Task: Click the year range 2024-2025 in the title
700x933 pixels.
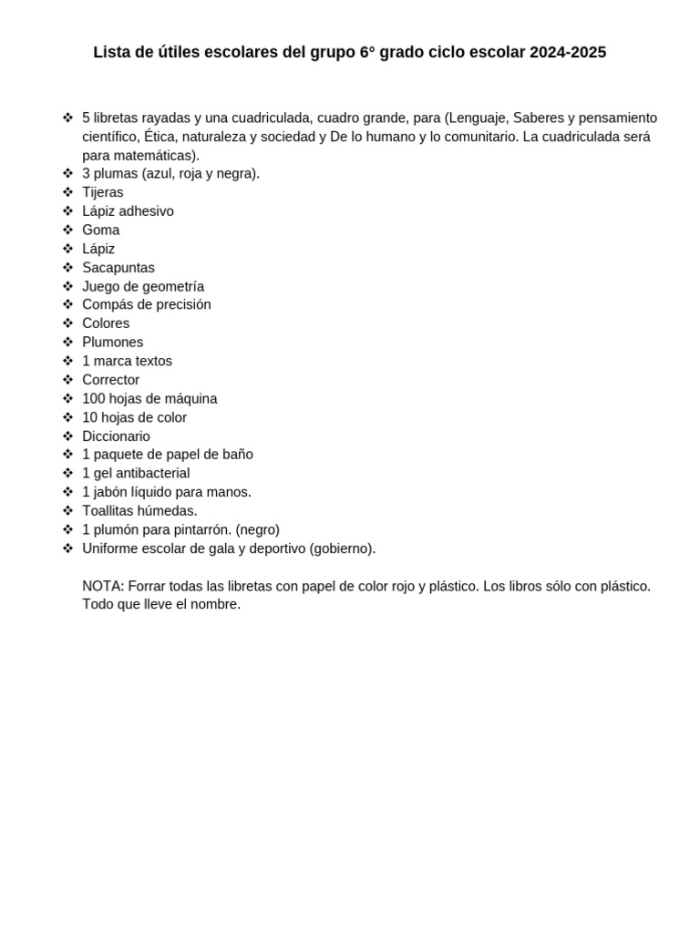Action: (567, 53)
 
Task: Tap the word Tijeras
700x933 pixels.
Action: (102, 192)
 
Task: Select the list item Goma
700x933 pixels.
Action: (100, 230)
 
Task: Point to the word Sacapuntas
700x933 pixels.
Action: (118, 268)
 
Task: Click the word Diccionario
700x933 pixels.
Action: (116, 436)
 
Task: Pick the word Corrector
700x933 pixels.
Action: (110, 380)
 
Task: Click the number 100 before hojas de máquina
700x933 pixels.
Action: (94, 399)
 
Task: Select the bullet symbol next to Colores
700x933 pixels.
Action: (67, 323)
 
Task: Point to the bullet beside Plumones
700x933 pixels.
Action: (67, 343)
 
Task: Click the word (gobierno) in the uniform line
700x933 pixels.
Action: (342, 549)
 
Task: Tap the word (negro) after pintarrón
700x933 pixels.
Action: (257, 529)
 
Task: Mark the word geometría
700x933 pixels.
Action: (171, 286)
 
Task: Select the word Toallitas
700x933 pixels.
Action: (110, 511)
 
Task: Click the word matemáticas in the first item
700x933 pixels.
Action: (155, 156)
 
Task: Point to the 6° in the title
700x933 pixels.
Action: (367, 53)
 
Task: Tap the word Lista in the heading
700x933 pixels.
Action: (112, 53)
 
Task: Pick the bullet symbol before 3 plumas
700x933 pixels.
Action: (67, 173)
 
